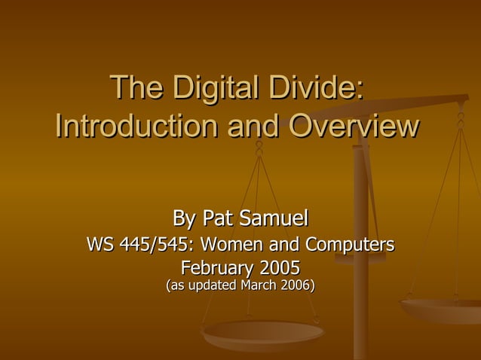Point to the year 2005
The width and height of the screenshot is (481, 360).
[x=280, y=267]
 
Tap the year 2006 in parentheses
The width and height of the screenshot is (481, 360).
[x=297, y=285]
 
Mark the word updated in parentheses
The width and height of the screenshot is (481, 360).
[x=213, y=285]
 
